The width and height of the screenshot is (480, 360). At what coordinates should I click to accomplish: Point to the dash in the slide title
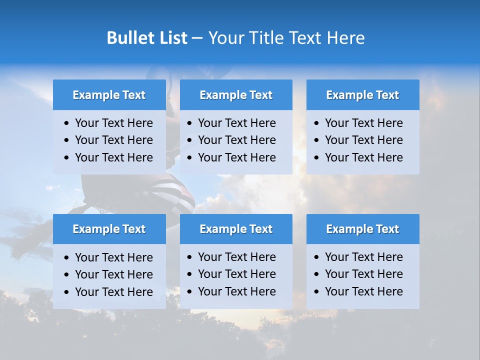pos(197,38)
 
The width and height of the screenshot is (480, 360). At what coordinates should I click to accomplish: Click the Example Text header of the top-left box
pos(109,95)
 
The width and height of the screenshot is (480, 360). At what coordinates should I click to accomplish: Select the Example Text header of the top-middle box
pos(236,95)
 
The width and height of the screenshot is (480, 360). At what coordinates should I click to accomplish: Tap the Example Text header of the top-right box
pos(362,95)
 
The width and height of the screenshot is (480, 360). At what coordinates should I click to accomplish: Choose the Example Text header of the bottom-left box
pos(109,229)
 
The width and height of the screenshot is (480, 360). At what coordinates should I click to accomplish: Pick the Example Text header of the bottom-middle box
pos(236,229)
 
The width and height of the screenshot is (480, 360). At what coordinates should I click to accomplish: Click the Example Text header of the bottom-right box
pos(362,229)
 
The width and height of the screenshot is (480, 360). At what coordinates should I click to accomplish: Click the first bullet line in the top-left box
pos(113,123)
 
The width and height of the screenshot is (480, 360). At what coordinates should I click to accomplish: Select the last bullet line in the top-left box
pos(113,157)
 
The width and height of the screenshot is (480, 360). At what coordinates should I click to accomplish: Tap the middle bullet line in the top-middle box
pos(236,140)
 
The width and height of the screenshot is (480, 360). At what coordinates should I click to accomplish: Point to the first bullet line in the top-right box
pos(363,123)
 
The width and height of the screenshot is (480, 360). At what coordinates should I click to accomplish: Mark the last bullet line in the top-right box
pos(363,157)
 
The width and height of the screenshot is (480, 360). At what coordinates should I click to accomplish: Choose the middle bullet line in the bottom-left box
pos(113,274)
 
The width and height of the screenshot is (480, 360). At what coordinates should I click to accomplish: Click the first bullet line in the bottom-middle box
pos(236,257)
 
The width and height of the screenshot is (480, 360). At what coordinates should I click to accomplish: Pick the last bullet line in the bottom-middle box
pos(236,291)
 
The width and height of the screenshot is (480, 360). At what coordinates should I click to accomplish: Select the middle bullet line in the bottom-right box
pos(363,274)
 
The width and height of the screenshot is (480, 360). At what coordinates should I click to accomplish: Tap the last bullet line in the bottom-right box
pos(363,291)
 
